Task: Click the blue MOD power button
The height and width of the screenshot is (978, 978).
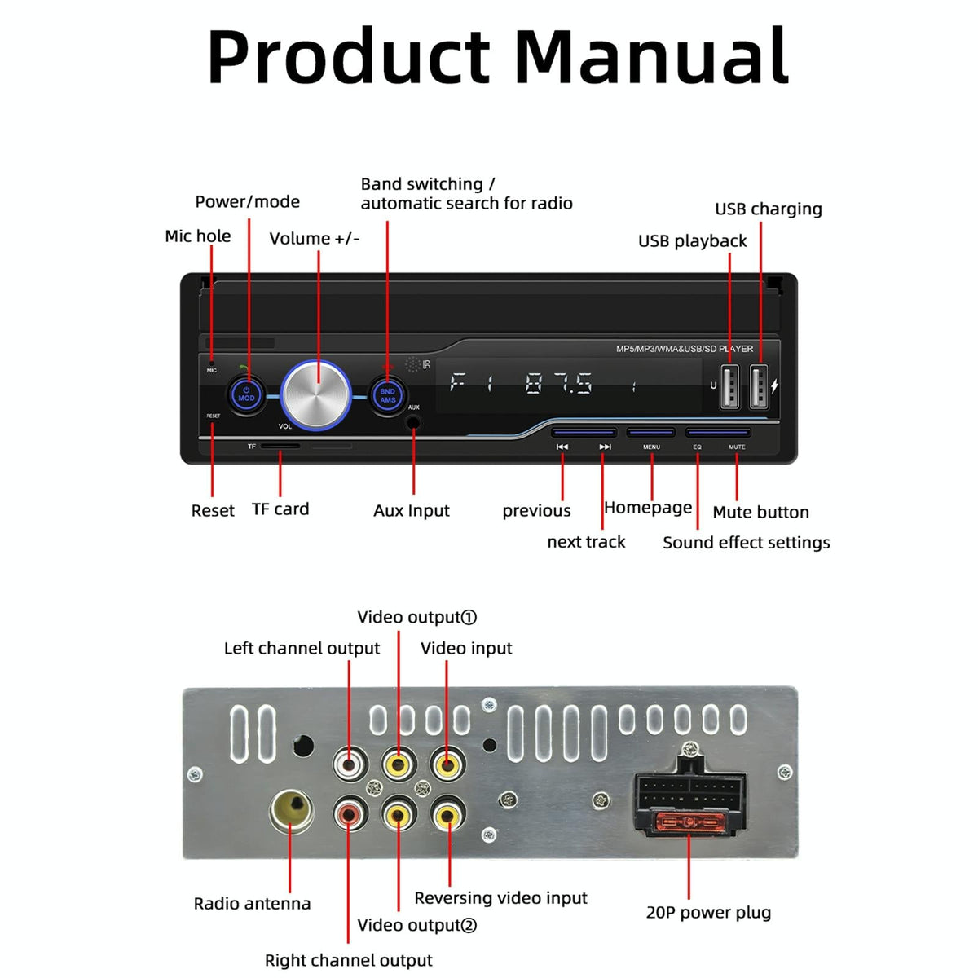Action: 246,395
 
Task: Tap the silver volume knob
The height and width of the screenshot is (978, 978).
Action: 316,394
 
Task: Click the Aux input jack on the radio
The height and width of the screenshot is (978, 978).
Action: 414,422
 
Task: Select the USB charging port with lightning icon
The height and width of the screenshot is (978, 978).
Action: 759,386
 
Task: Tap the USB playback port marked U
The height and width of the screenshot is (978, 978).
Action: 730,386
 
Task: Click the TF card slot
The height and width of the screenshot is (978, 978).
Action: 280,447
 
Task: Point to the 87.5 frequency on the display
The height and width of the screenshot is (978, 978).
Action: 559,383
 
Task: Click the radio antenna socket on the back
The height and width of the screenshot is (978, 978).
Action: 291,809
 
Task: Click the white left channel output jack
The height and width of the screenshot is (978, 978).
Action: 349,765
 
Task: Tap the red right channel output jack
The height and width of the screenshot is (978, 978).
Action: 349,813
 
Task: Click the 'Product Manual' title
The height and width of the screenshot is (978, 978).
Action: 497,57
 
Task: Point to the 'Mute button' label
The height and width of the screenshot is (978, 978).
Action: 760,512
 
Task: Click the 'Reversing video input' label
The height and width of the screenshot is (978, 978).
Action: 500,897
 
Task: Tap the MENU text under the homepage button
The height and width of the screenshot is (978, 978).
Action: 651,447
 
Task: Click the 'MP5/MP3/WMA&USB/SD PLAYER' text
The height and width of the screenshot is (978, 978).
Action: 684,349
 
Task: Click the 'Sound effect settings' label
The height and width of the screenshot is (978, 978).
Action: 746,543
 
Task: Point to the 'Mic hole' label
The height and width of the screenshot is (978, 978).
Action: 197,236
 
